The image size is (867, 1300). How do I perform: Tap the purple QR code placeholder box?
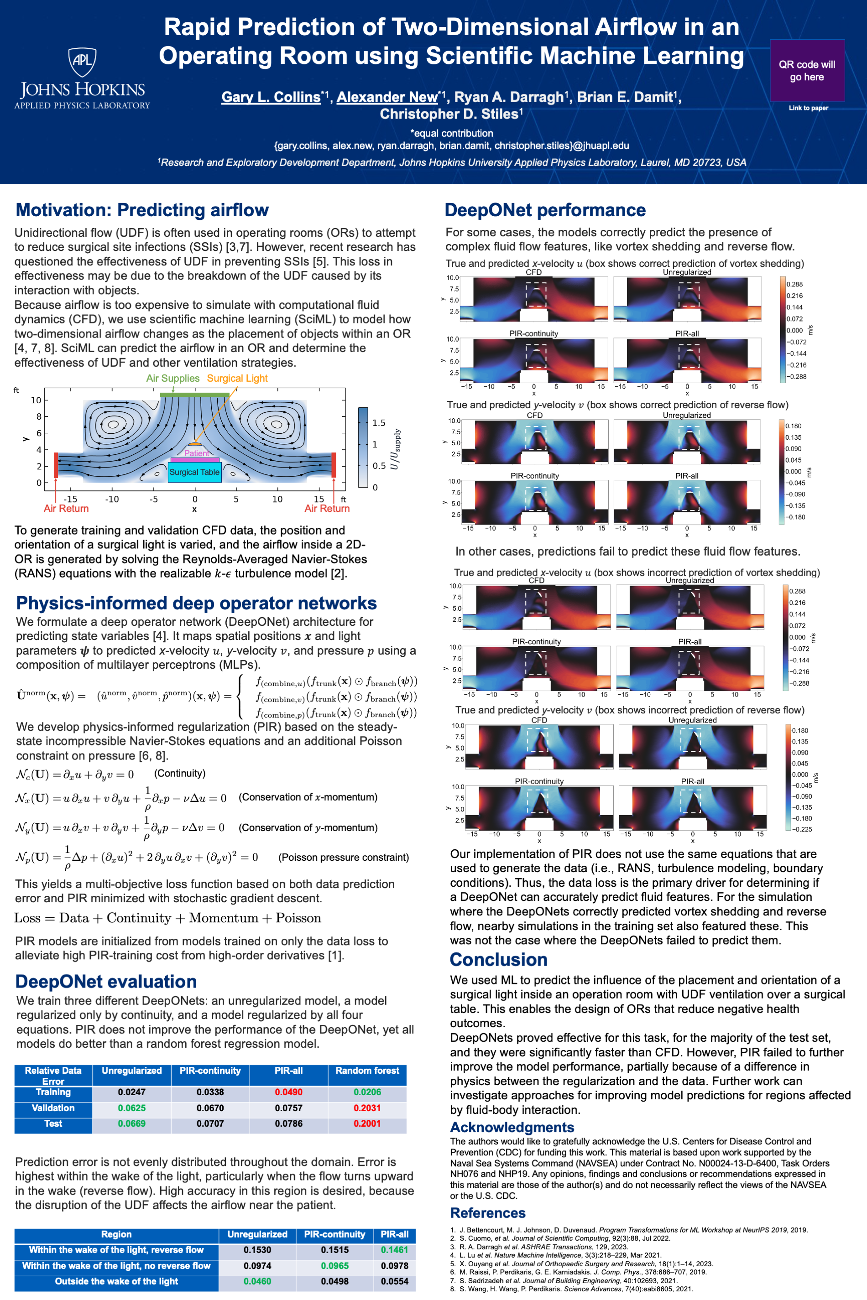[x=807, y=70]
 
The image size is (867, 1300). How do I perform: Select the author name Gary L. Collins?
[x=271, y=97]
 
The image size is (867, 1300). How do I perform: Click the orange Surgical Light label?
[x=237, y=379]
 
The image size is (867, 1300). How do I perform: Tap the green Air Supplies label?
[x=172, y=379]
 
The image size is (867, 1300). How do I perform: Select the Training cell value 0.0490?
[x=289, y=1092]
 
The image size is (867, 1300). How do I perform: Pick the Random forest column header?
[x=367, y=1071]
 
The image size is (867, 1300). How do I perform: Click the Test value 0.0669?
[x=131, y=1123]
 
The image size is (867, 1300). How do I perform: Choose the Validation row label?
[x=53, y=1108]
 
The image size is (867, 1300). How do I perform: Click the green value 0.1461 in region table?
[x=394, y=1250]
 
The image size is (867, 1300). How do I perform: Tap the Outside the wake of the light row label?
[x=116, y=1281]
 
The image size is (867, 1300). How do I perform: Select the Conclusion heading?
[x=498, y=960]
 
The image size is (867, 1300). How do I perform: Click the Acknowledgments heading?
[x=512, y=1127]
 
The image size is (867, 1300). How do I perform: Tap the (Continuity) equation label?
[x=180, y=773]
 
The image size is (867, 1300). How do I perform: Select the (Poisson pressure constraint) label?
[x=343, y=857]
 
